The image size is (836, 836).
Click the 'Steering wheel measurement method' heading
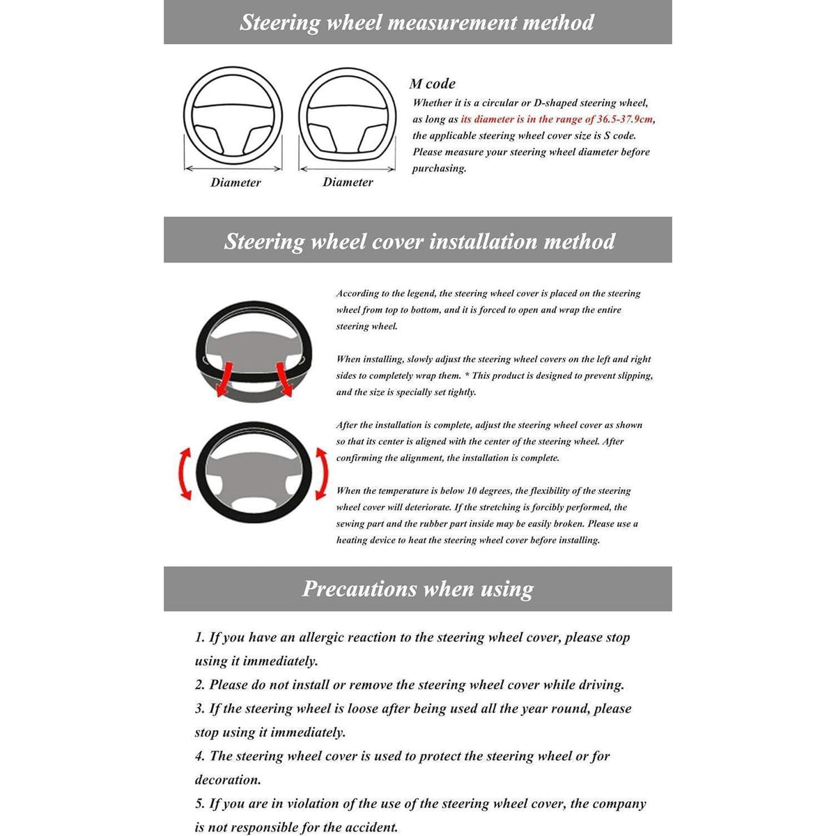(x=417, y=22)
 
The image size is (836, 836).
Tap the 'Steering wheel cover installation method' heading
(x=419, y=242)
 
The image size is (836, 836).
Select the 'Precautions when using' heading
(x=418, y=589)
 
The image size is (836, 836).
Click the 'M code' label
(x=433, y=84)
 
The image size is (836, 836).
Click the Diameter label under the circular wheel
(x=235, y=183)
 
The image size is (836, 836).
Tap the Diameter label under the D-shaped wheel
(x=348, y=182)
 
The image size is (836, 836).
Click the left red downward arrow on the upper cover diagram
(x=225, y=379)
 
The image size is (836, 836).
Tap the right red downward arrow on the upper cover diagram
(x=284, y=379)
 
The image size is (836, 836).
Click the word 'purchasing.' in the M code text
(x=439, y=169)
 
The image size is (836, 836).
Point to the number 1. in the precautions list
(x=199, y=637)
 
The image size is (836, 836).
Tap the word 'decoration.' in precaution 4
(x=228, y=780)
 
